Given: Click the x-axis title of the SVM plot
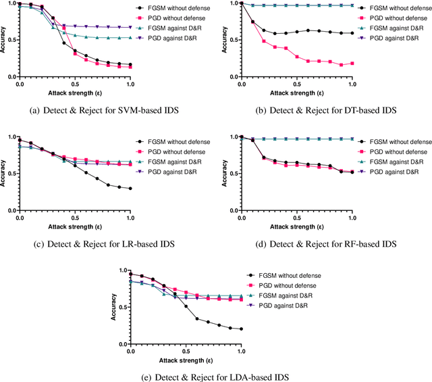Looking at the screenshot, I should [74, 93].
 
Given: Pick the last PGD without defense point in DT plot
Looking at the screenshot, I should [352, 64].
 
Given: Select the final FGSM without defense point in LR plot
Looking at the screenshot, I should [130, 189].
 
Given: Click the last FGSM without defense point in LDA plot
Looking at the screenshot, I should [241, 329].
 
